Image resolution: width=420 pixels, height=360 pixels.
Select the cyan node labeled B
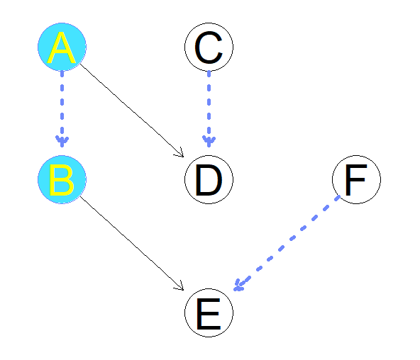(62, 179)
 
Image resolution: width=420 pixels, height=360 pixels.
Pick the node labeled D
(209, 179)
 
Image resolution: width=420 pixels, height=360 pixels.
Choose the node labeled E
(209, 313)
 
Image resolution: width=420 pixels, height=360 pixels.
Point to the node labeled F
(356, 179)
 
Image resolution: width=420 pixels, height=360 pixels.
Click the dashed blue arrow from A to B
(62, 106)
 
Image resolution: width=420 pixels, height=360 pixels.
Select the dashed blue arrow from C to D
(209, 106)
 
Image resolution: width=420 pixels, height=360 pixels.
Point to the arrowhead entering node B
(62, 140)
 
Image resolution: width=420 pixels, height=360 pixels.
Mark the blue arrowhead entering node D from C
(209, 140)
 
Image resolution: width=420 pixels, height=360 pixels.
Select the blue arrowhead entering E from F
(239, 286)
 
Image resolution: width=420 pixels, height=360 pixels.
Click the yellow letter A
(62, 48)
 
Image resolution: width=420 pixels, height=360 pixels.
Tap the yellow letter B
(62, 180)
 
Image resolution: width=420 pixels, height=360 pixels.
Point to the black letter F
(356, 180)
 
